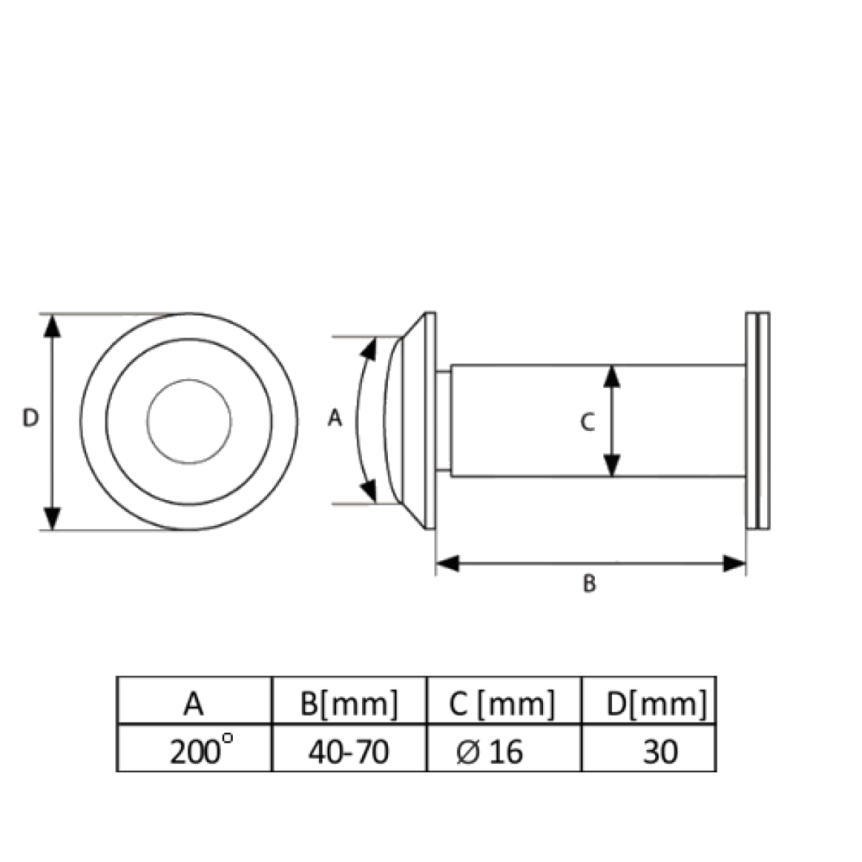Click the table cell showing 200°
[x=195, y=748]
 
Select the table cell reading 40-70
[x=349, y=748]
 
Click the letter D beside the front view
[x=30, y=418]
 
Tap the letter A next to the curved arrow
[x=334, y=418]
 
